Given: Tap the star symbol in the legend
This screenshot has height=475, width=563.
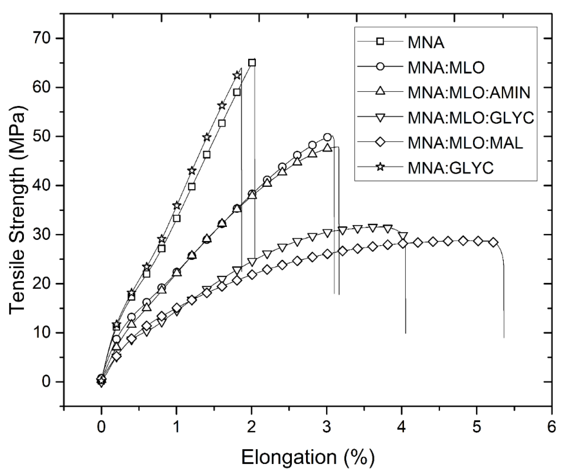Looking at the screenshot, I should click(x=380, y=167).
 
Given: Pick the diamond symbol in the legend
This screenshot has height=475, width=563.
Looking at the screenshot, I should click(x=380, y=142).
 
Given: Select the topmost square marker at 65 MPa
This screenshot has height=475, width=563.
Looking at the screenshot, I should click(x=252, y=63).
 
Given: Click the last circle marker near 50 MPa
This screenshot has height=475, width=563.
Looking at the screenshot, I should click(x=327, y=137).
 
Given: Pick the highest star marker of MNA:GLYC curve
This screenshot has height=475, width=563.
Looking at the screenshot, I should click(x=237, y=75).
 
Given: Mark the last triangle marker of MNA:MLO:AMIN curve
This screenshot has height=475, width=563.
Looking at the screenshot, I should click(x=327, y=147).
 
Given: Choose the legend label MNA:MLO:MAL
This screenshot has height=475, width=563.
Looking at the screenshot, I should click(x=465, y=143).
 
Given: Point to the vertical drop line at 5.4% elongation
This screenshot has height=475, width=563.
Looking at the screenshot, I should click(x=504, y=296).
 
